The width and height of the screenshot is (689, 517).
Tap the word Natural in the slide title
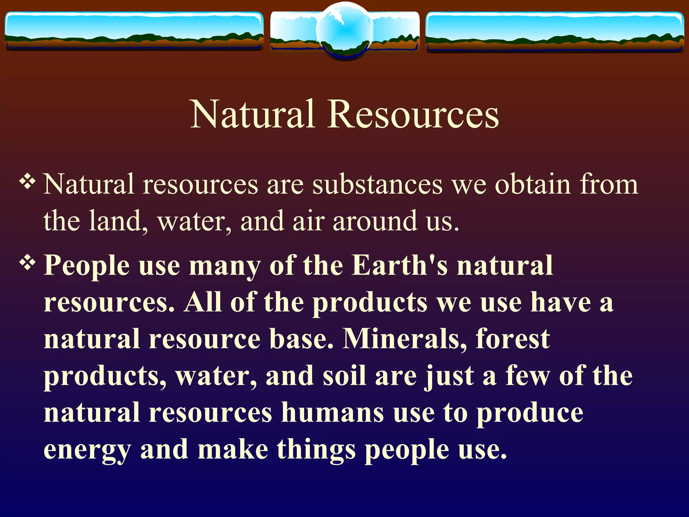(x=253, y=114)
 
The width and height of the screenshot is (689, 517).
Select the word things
(x=316, y=450)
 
